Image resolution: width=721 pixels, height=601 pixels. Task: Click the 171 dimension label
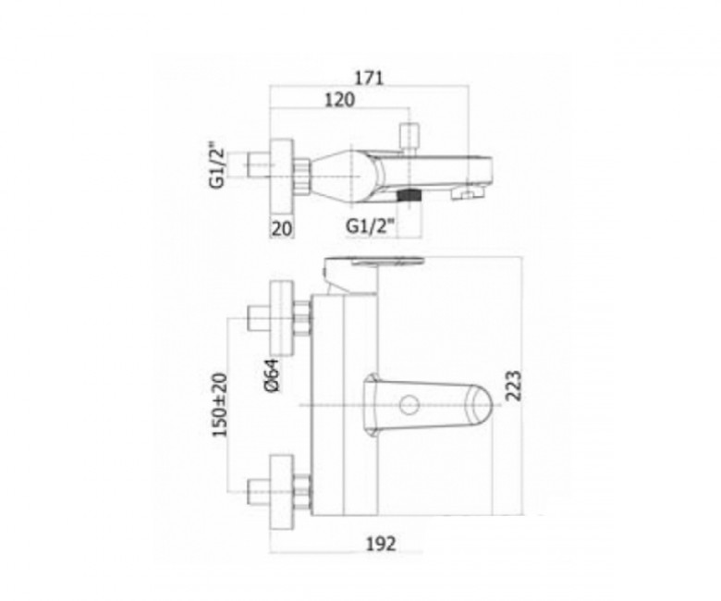tap(368, 79)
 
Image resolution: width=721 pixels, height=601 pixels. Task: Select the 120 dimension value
tap(340, 100)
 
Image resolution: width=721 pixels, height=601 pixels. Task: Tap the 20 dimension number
tap(282, 228)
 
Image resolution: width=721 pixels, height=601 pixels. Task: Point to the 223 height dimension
tap(514, 386)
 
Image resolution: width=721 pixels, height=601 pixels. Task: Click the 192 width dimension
tap(381, 544)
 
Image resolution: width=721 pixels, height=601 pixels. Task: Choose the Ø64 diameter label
tap(272, 375)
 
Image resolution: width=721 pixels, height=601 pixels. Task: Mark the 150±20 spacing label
tap(220, 405)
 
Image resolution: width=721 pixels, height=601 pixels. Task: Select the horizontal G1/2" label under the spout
tap(370, 227)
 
